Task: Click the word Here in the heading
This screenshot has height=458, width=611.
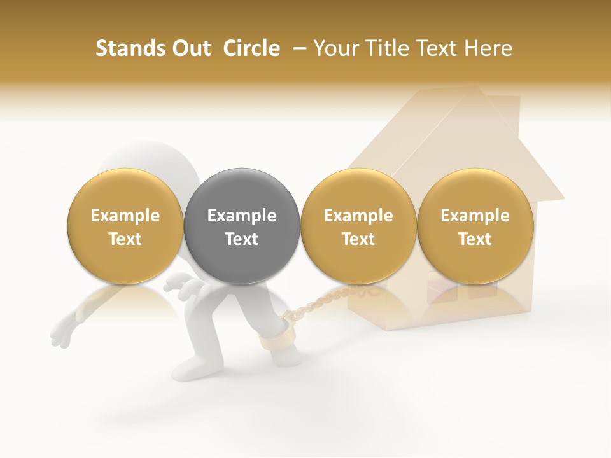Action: [x=487, y=48]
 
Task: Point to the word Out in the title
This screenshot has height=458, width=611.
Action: [x=190, y=48]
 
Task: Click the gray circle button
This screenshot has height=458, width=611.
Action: [x=242, y=226]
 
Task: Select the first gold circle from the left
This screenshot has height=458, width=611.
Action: [x=125, y=226]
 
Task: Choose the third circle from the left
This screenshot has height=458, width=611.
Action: [x=358, y=226]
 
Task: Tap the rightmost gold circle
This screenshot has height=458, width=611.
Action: [x=475, y=226]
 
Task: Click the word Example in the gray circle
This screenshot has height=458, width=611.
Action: [x=242, y=216]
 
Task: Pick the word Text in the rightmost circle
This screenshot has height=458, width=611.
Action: [x=475, y=239]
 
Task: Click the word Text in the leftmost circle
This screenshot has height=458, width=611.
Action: [x=125, y=239]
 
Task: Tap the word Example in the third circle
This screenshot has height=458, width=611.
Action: [x=358, y=216]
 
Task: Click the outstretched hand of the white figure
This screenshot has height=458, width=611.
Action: [x=62, y=331]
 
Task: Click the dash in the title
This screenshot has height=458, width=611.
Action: [x=297, y=48]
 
